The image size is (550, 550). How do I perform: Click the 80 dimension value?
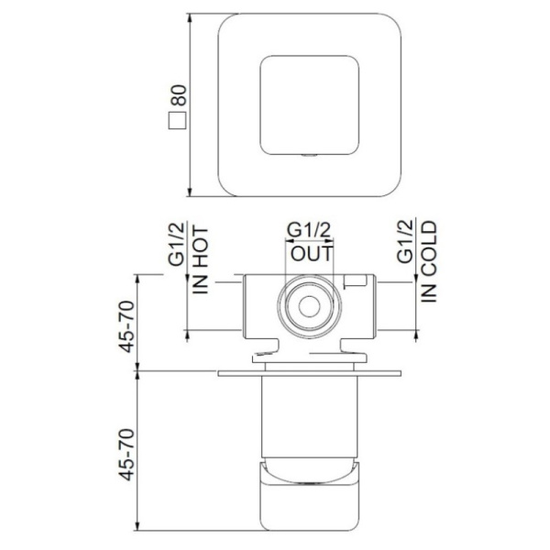pos(179,93)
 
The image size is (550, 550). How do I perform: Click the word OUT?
pos(310,251)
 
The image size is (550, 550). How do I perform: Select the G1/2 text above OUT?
pos(310,230)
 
